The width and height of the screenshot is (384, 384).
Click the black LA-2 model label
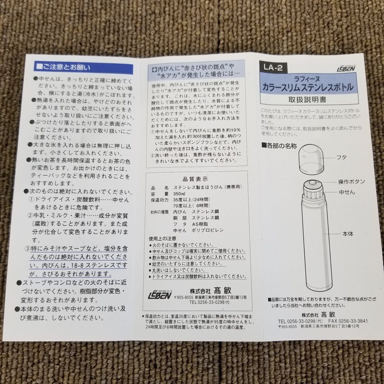(273, 68)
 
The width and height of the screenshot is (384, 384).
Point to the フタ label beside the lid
(341, 157)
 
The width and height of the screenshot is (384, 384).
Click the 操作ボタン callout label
(351, 182)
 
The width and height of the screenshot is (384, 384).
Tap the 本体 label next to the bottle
(348, 234)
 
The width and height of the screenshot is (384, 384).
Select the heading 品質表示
(195, 179)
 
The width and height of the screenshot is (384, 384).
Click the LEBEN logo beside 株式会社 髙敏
(160, 295)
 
